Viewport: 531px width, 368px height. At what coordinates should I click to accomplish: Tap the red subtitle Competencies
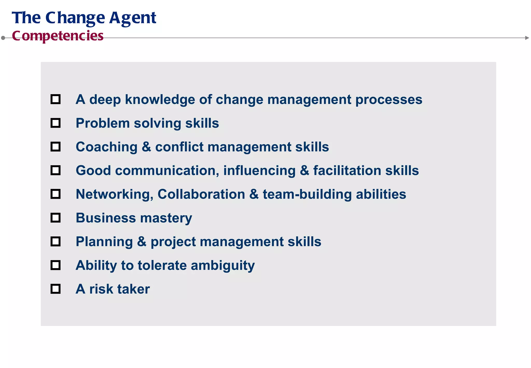tap(58, 36)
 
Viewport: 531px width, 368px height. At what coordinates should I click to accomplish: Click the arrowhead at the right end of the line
tap(527, 38)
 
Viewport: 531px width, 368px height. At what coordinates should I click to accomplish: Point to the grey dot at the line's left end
tap(3, 38)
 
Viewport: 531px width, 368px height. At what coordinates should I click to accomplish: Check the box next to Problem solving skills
tap(55, 123)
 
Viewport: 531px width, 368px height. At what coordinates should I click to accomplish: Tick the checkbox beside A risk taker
tap(55, 289)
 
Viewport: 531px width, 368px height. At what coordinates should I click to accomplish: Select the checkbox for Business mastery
tap(55, 218)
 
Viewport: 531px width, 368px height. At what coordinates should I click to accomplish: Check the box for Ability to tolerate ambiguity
tap(55, 265)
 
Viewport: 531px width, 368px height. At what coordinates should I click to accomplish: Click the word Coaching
tap(107, 147)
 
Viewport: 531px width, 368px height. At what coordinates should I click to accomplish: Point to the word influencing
tap(259, 171)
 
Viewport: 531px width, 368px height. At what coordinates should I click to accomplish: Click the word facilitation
tap(347, 171)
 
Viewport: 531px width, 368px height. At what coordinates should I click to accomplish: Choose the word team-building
tap(307, 194)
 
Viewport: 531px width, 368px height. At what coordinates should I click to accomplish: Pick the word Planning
tap(104, 242)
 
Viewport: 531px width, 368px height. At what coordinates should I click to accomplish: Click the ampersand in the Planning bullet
tap(142, 242)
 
